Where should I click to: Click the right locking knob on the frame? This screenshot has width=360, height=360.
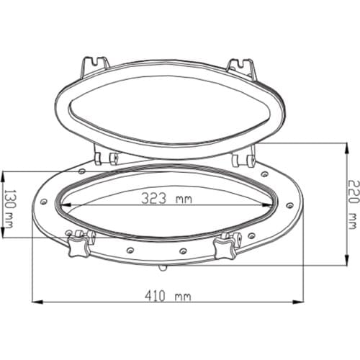[x=225, y=246]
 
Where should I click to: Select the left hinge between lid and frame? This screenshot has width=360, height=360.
[x=105, y=157]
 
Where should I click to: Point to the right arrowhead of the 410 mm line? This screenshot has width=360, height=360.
[x=302, y=301]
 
